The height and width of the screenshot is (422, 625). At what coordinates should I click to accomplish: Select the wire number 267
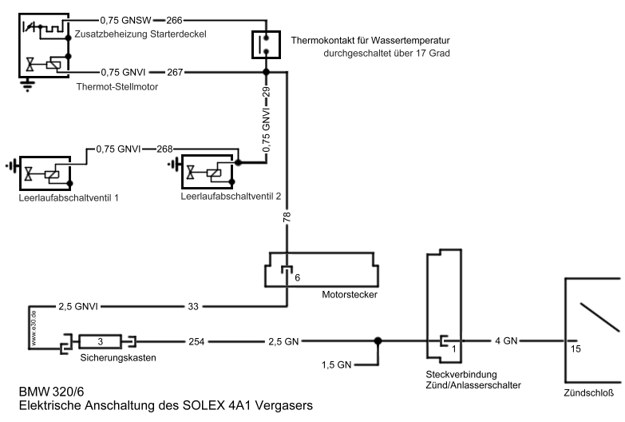click(176, 72)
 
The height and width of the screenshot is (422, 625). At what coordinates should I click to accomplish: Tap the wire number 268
click(165, 149)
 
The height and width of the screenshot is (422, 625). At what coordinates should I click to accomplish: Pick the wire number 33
click(192, 305)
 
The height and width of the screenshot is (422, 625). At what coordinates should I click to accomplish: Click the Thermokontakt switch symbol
click(266, 45)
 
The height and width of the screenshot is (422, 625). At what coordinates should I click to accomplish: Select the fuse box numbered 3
click(101, 341)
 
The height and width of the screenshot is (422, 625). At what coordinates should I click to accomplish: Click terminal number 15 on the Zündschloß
click(575, 348)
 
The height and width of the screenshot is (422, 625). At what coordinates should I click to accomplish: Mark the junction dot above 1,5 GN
click(378, 341)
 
